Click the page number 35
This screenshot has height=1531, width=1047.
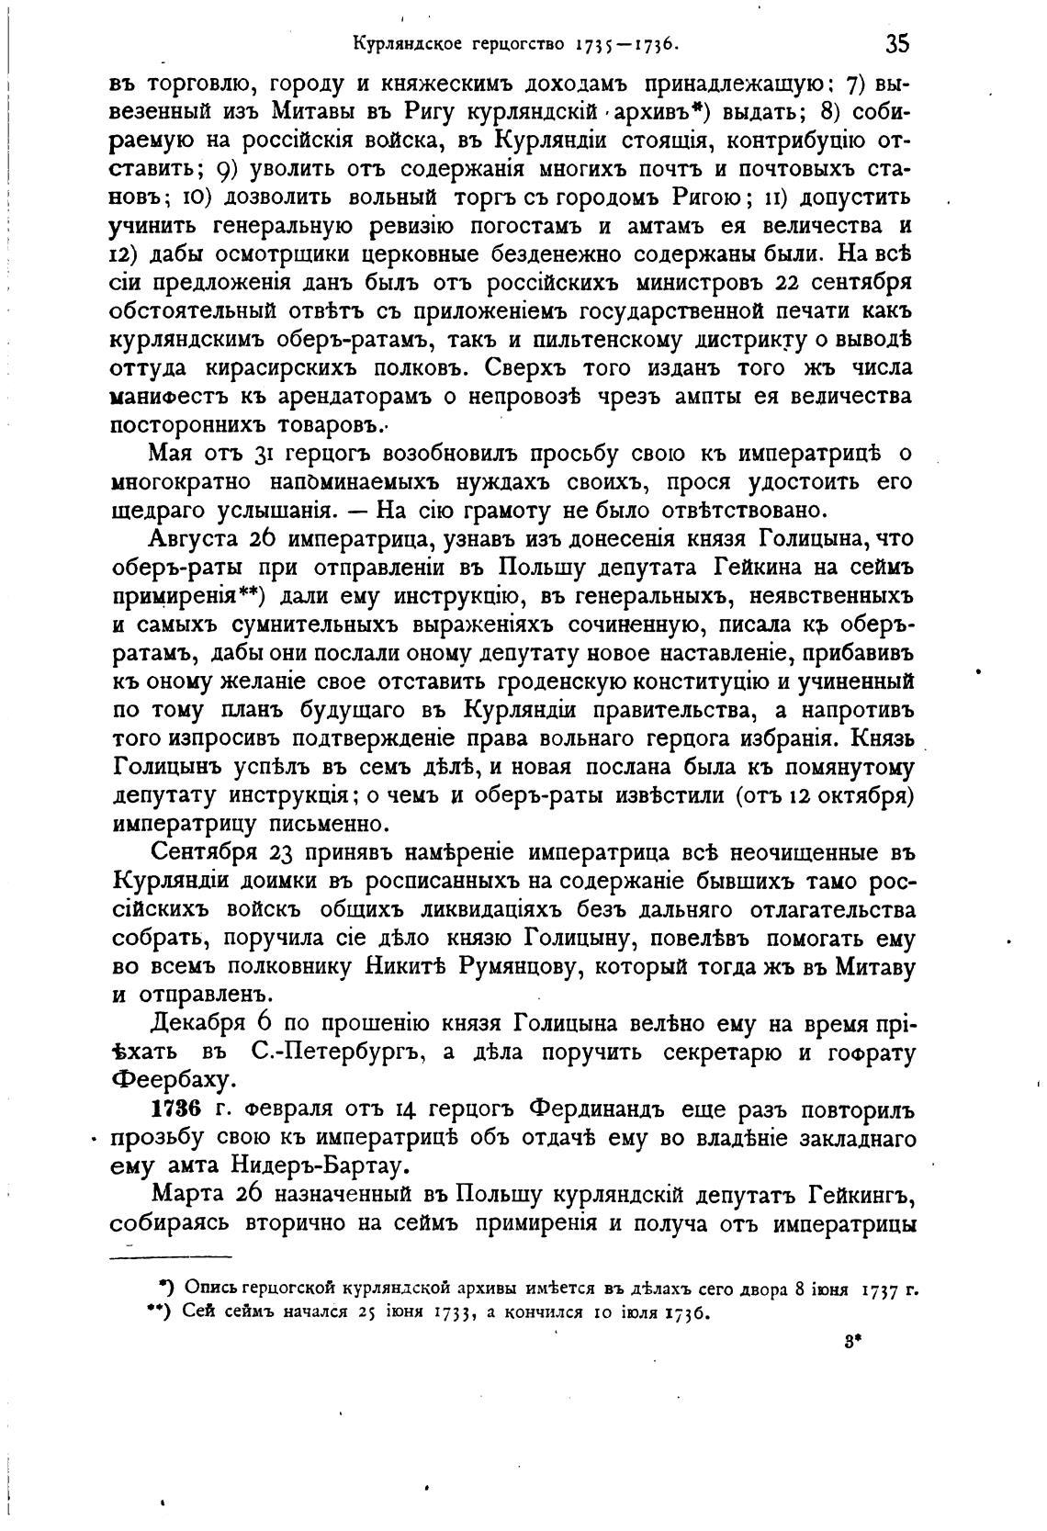point(897,43)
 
